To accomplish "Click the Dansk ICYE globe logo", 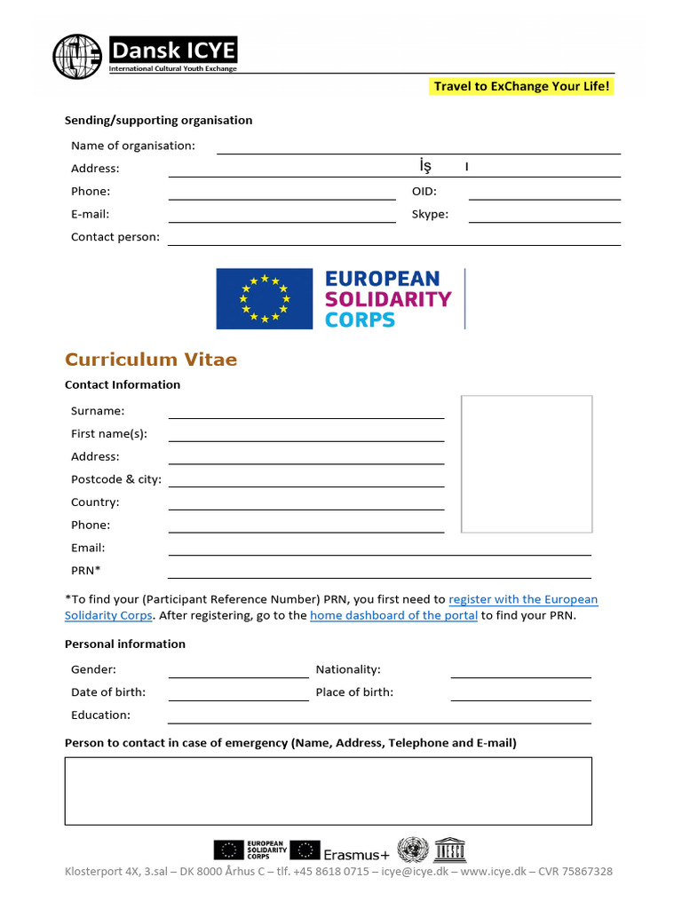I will [x=77, y=56].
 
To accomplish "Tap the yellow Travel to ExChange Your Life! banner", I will [x=522, y=86].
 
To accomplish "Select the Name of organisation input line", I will [x=418, y=148].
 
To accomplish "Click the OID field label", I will [x=424, y=191].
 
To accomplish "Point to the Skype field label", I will [x=430, y=214].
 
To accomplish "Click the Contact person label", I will [x=115, y=237].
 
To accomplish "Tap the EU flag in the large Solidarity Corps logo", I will [x=265, y=299].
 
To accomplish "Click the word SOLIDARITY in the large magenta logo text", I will [x=388, y=299].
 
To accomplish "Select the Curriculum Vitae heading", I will [x=151, y=360].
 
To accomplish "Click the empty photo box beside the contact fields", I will [x=527, y=463].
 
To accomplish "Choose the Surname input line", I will [x=306, y=412].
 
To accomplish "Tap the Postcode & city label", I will [x=116, y=479].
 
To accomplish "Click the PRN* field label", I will [x=86, y=570].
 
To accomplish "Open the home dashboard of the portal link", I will [x=393, y=615].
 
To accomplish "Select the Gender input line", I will [x=238, y=672].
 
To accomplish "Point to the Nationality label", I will [x=348, y=669].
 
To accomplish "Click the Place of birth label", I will [x=354, y=692].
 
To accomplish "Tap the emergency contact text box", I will [x=328, y=791].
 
